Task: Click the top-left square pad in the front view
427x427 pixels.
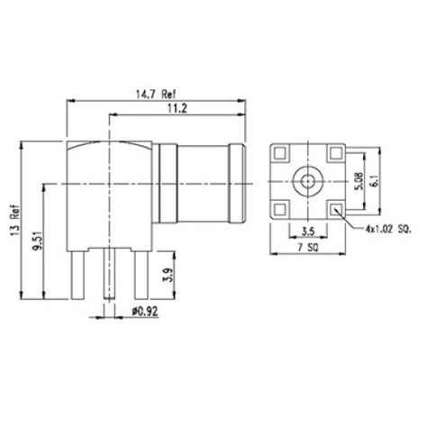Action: click(278, 155)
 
